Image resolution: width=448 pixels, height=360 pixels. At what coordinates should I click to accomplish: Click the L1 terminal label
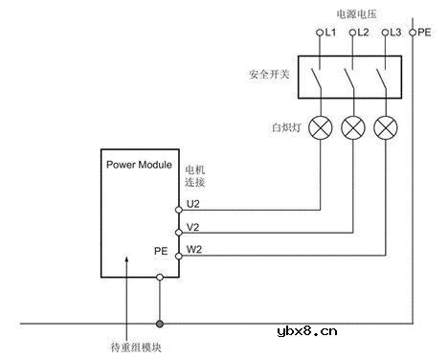331,34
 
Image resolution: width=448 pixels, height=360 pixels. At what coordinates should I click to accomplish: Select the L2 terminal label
362,34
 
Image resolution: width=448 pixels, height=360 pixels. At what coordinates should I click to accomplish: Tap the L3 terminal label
392,34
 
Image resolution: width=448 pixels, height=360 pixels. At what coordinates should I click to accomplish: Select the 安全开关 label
268,74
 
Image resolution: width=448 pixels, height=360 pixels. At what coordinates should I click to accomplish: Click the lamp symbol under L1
322,127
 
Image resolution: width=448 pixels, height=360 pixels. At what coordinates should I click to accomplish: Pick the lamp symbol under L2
353,127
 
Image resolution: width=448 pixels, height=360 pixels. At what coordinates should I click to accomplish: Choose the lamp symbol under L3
385,127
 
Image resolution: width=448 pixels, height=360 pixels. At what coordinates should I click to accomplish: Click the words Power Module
138,164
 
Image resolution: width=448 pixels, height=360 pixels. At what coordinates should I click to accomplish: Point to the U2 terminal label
193,203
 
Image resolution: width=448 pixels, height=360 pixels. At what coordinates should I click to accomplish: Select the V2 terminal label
193,227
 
